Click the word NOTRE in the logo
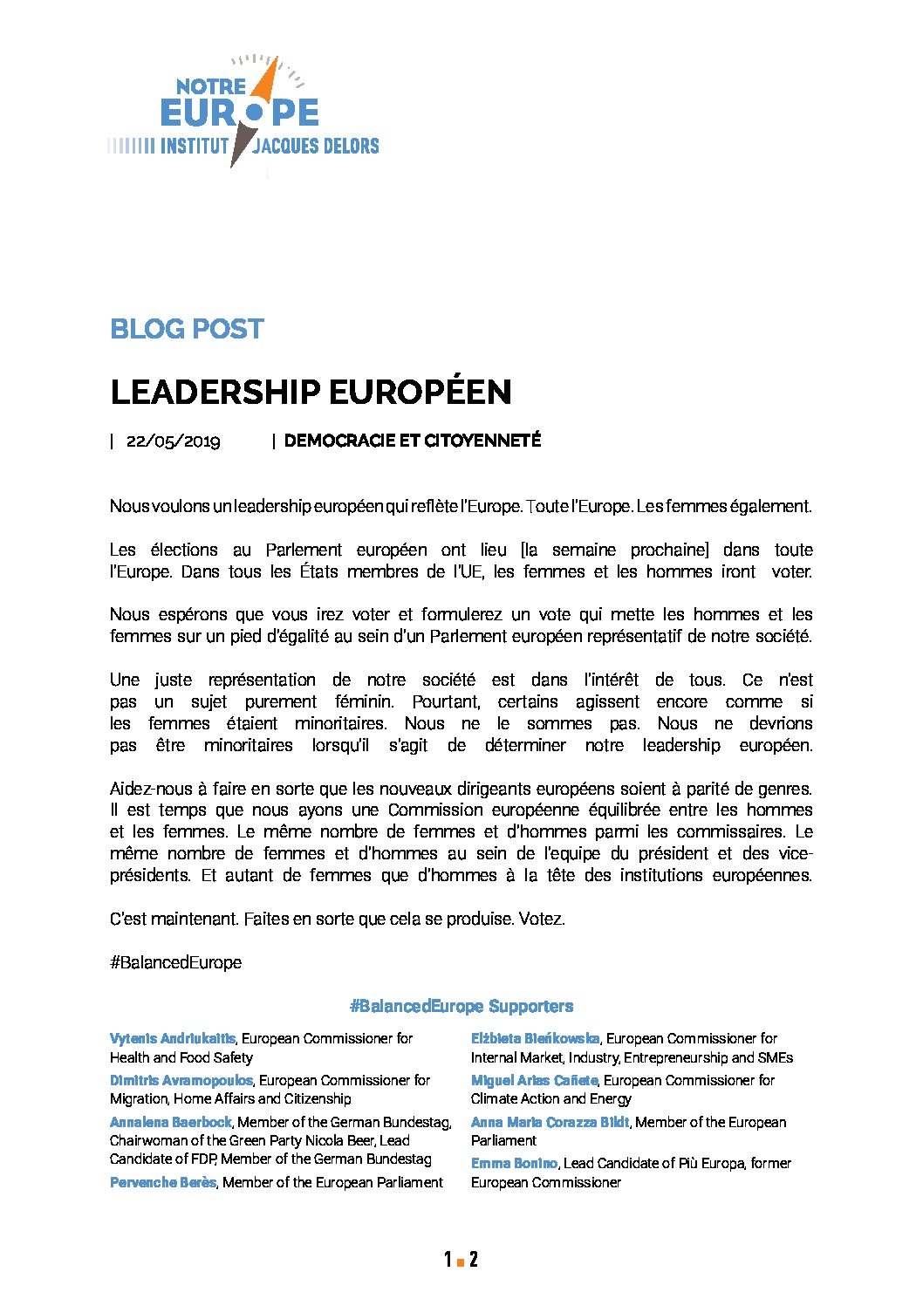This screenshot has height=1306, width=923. click(x=211, y=86)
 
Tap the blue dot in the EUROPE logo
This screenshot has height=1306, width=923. click(x=254, y=113)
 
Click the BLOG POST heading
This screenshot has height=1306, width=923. click(x=187, y=329)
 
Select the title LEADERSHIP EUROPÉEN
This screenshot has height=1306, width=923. click(x=311, y=393)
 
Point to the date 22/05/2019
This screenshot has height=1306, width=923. click(x=173, y=441)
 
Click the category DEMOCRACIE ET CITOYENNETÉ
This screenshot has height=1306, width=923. click(x=412, y=441)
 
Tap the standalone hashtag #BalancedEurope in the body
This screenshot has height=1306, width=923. click(x=175, y=962)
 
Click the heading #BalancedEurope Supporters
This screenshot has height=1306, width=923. click(x=461, y=1006)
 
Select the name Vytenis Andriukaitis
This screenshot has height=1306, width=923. click(x=172, y=1038)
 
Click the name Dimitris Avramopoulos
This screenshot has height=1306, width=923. click(x=181, y=1080)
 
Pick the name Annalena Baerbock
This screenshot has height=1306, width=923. click(x=170, y=1122)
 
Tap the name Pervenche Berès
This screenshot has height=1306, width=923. click(x=162, y=1182)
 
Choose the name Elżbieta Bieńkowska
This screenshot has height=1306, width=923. click(x=535, y=1038)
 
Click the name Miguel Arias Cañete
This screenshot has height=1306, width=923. click(x=534, y=1080)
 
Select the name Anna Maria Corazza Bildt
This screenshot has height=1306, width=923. click(x=550, y=1122)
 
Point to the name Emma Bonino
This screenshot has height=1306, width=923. click(x=514, y=1163)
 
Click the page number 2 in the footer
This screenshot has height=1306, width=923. click(x=473, y=1259)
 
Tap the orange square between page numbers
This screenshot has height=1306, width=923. click(x=460, y=1262)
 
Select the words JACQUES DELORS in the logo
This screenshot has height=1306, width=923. click(x=315, y=146)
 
